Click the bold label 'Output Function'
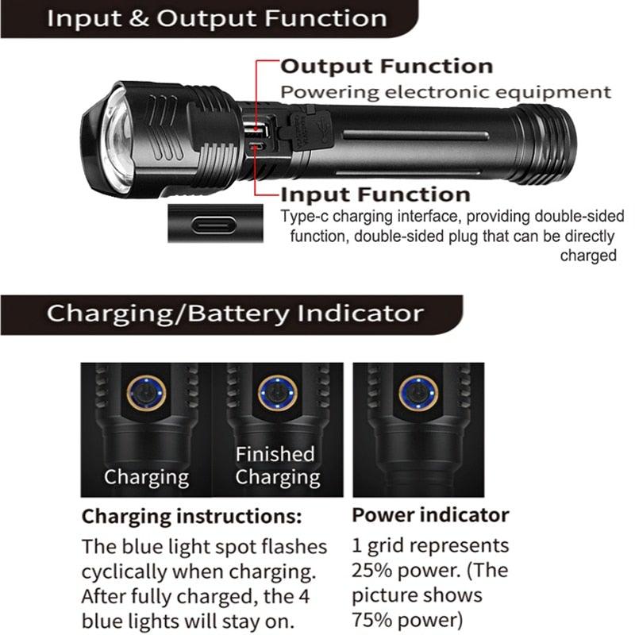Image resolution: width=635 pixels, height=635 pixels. (387, 67)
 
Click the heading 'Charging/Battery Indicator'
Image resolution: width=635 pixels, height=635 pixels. (235, 313)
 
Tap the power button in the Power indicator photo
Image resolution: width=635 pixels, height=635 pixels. (418, 394)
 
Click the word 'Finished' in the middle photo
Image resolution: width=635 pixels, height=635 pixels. (275, 454)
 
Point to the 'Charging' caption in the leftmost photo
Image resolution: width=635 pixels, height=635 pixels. (147, 478)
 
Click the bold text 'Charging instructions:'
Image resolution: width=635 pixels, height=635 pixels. (192, 517)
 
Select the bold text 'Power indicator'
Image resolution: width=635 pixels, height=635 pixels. (430, 515)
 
